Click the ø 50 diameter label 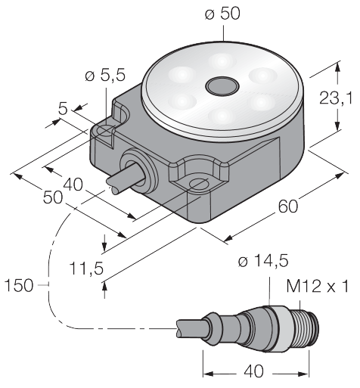222,14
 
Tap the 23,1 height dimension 336,98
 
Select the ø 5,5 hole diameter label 105,76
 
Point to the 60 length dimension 288,206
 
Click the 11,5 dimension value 86,268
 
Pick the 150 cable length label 19,285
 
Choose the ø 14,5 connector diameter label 263,261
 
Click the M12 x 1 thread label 318,286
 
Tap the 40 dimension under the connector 254,371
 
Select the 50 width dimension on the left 52,197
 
